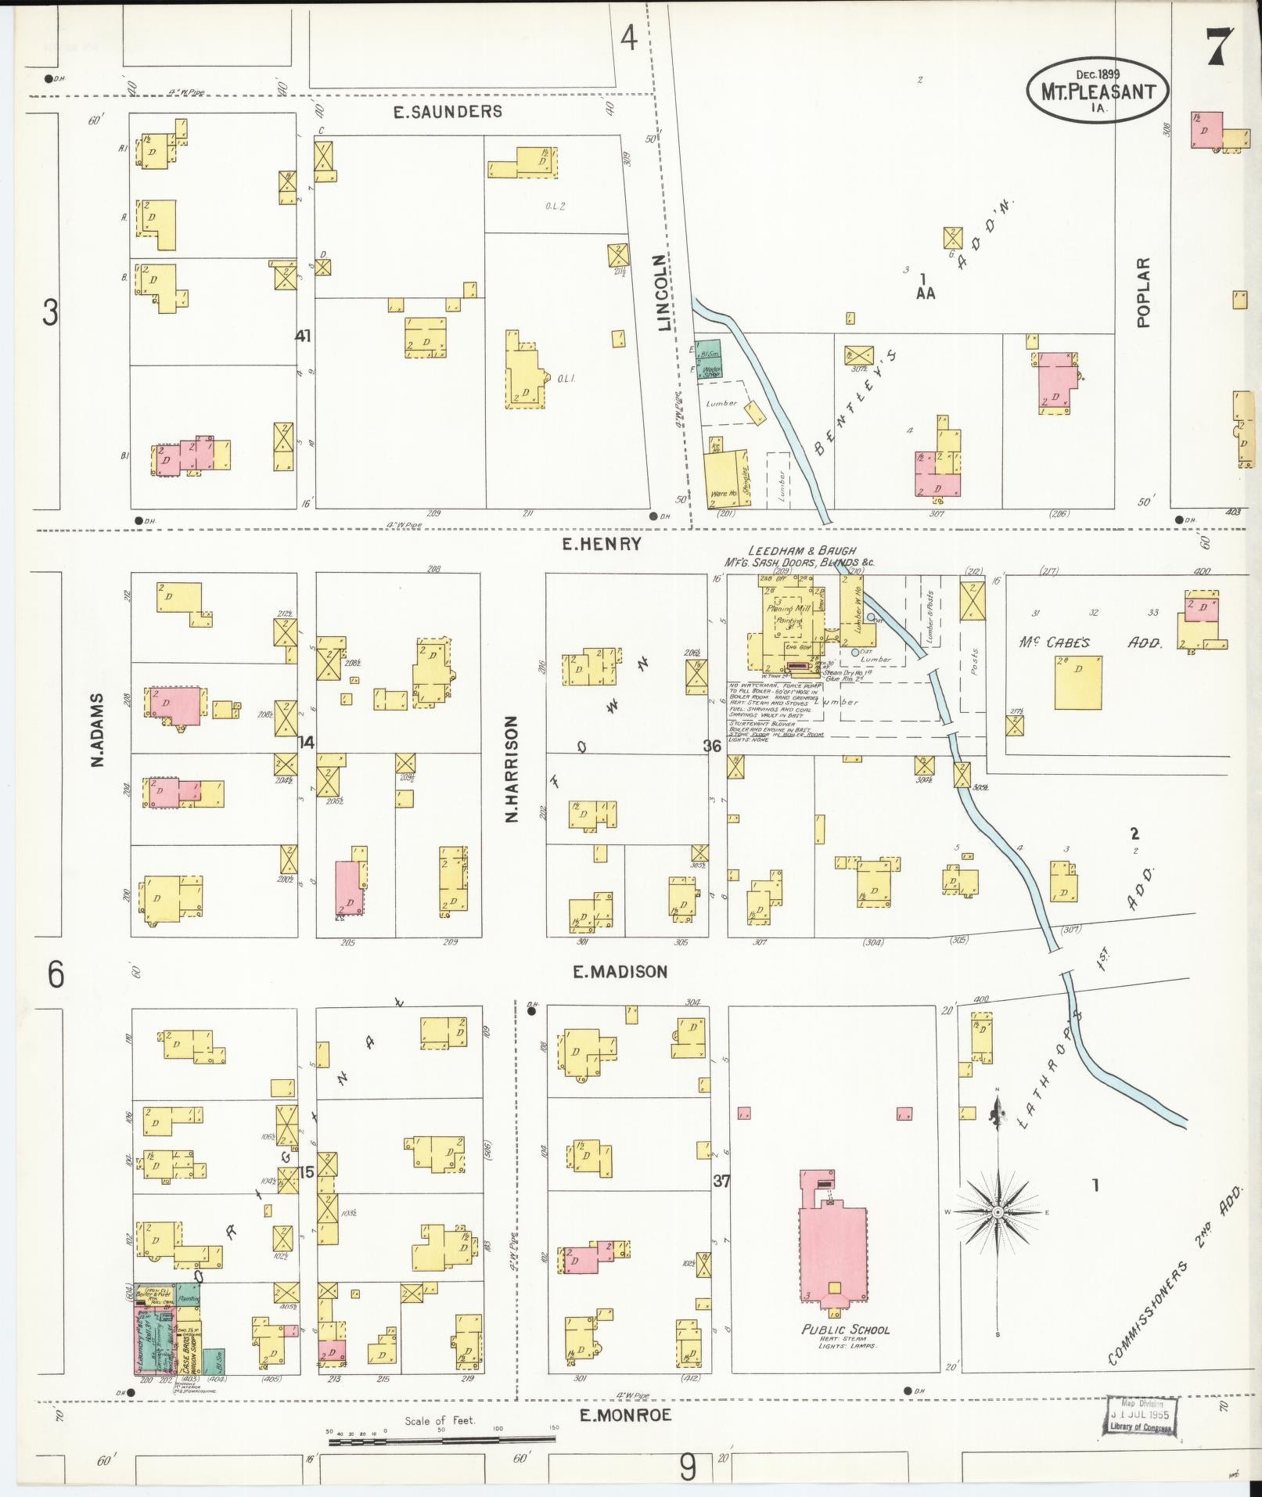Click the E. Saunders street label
pos(448,112)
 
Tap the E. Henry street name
pos(602,544)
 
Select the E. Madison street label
pos(620,972)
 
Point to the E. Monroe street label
pos(625,1415)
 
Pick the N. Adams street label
pos(99,729)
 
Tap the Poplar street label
pos(1145,292)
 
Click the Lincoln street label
pos(664,293)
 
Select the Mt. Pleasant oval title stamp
pos(1098,91)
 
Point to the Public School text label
pos(845,1330)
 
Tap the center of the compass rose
pos(997,1235)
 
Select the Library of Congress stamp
pos(1140,1415)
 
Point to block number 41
pos(303,336)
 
